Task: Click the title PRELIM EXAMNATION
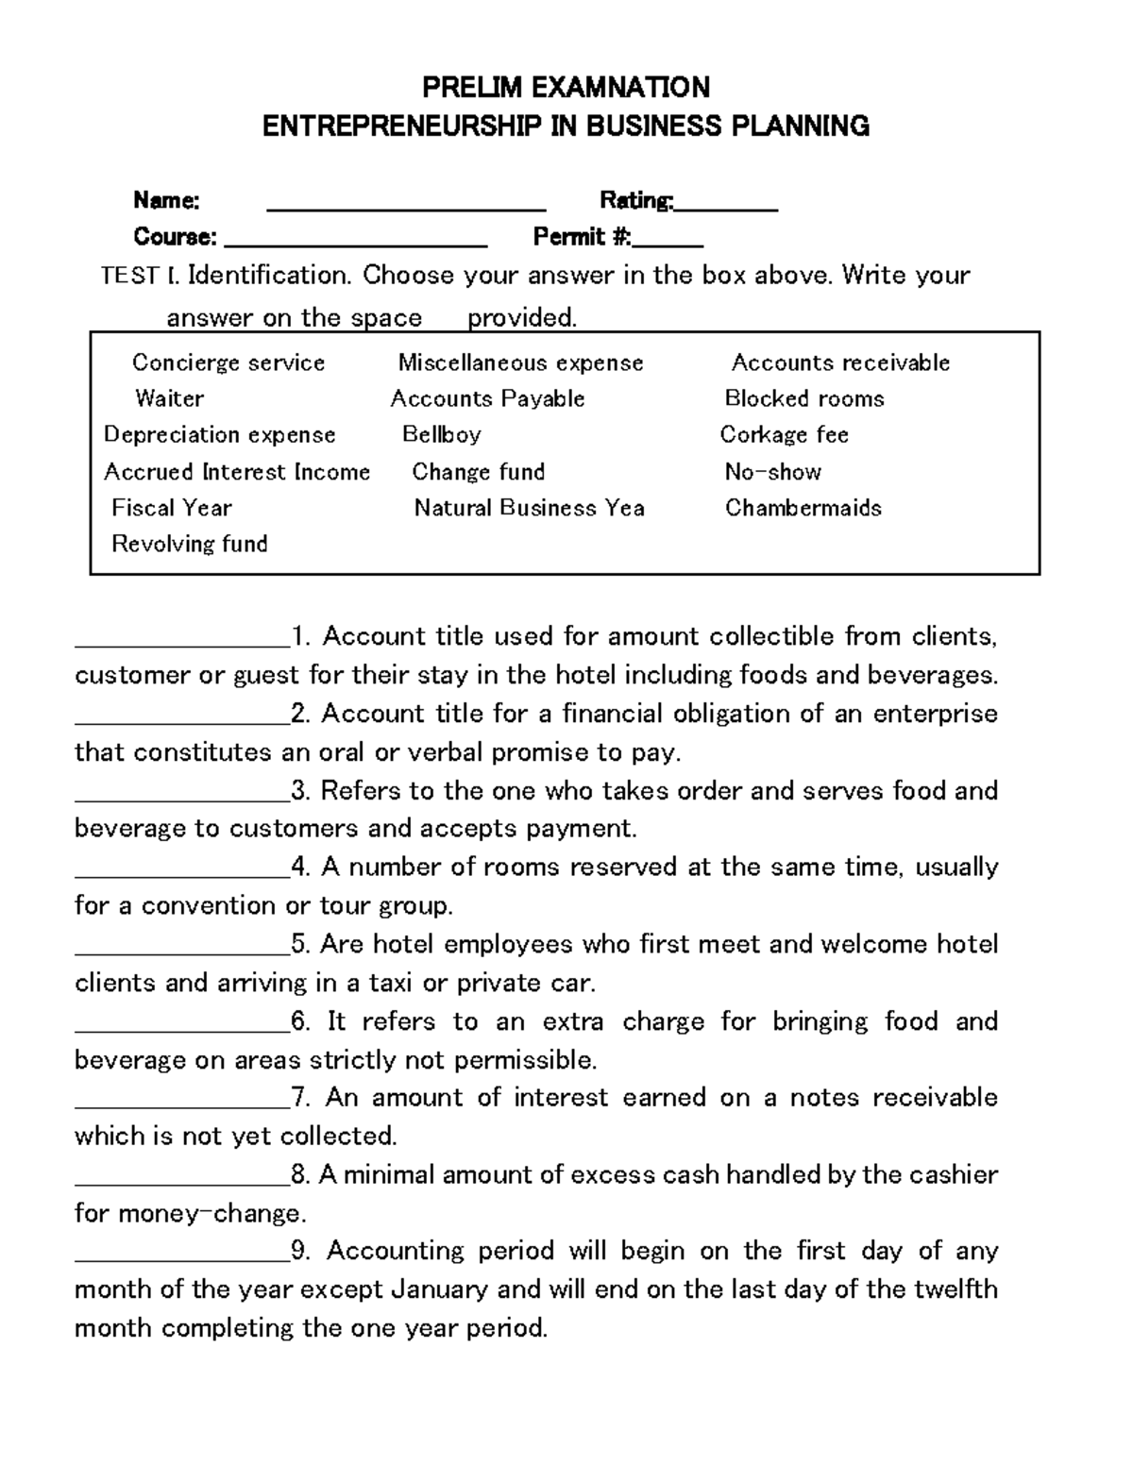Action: click(x=566, y=88)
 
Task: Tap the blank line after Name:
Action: click(x=407, y=206)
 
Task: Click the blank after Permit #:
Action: click(x=668, y=243)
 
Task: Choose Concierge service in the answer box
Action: click(x=228, y=362)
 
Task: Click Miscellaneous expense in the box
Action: click(x=520, y=362)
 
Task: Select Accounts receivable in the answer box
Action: click(x=840, y=362)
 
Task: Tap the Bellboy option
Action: click(x=442, y=434)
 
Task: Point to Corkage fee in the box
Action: click(x=784, y=434)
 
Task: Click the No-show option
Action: click(x=772, y=471)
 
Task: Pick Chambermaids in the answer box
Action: click(x=803, y=508)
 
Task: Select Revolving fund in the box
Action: click(x=190, y=544)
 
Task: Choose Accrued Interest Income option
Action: click(x=237, y=471)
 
